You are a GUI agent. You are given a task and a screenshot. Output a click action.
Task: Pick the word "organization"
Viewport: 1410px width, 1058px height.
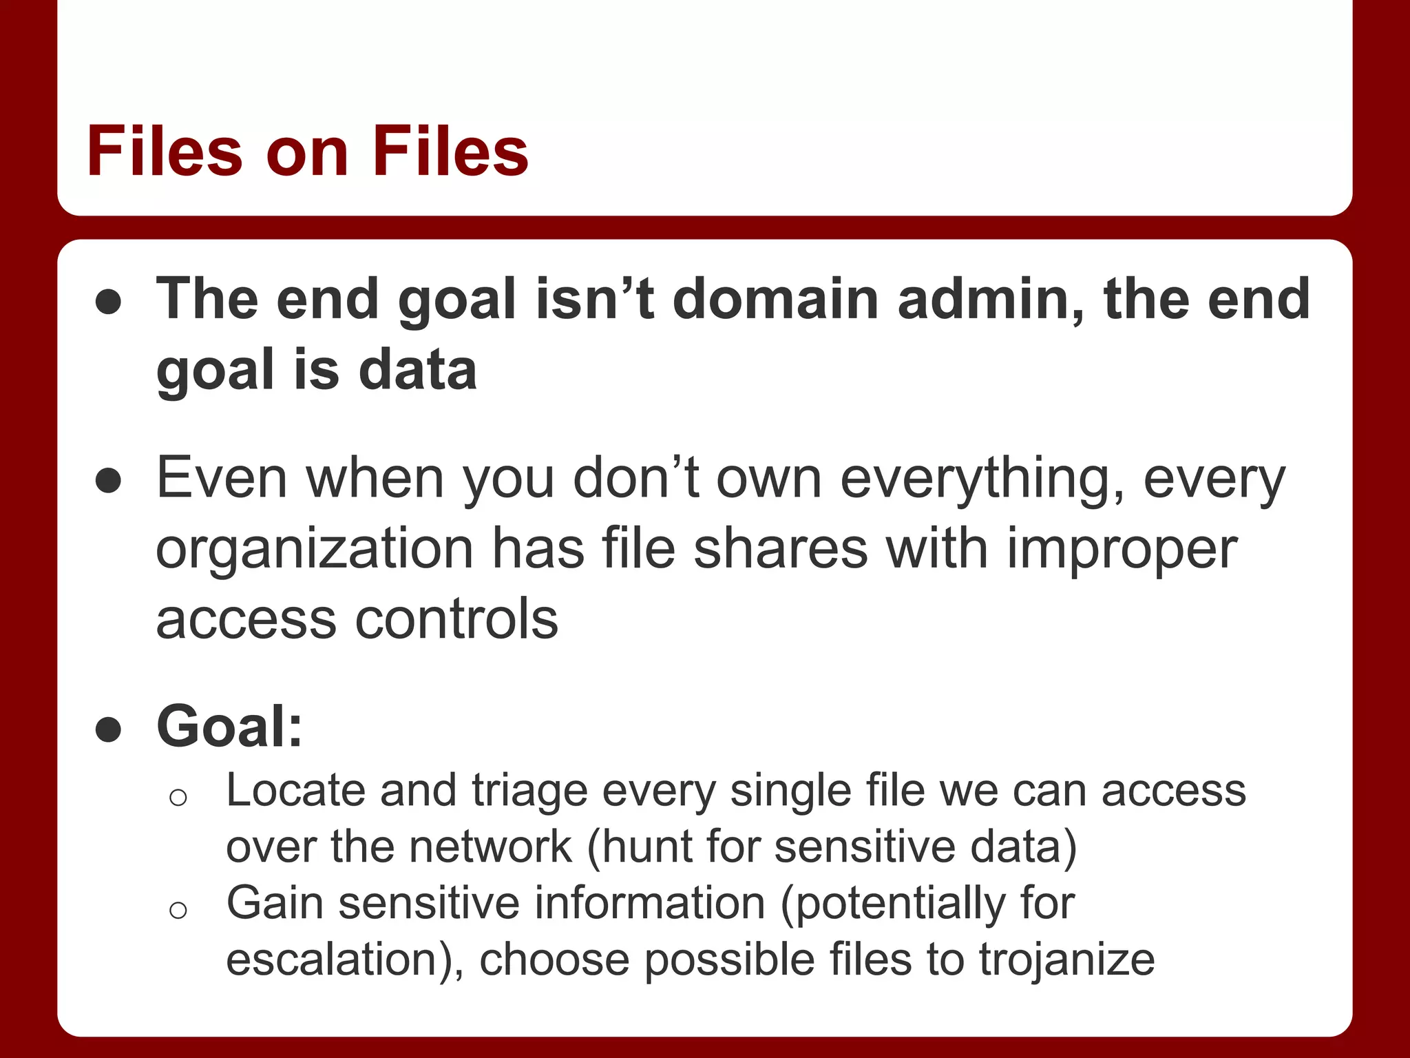(x=315, y=551)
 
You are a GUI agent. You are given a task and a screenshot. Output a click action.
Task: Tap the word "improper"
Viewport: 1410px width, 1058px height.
(x=1122, y=551)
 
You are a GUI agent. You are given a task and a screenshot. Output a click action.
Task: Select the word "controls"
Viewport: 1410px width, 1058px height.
(x=456, y=619)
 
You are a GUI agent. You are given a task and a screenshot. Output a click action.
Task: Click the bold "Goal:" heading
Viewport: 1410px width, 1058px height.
(x=230, y=726)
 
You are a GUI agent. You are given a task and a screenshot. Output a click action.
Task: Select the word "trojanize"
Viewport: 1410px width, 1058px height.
(x=1066, y=960)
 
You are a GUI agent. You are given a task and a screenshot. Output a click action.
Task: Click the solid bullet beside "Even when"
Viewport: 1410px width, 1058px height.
(x=109, y=480)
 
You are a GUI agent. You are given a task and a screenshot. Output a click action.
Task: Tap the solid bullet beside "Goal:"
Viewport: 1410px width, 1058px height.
(x=109, y=729)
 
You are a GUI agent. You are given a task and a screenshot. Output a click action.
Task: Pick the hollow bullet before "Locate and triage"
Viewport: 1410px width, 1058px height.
(x=178, y=798)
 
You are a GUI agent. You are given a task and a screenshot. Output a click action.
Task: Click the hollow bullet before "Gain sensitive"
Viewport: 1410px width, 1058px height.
(x=178, y=910)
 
